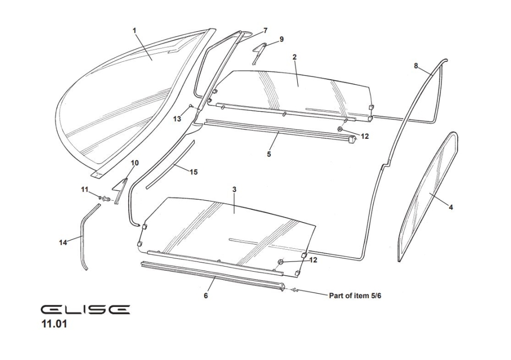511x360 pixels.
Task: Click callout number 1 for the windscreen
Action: (134, 31)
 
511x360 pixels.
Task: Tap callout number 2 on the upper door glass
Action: (295, 57)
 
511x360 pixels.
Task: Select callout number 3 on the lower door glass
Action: (234, 189)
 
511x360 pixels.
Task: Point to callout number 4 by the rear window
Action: (450, 207)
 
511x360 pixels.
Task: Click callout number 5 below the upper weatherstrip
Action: (269, 154)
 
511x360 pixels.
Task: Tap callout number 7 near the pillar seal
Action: (265, 31)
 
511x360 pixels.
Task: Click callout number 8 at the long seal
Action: (416, 65)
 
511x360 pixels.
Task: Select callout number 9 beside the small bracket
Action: (281, 39)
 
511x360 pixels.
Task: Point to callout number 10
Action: (135, 163)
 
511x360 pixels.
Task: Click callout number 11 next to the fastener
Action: (85, 189)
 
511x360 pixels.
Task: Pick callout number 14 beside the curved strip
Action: (63, 243)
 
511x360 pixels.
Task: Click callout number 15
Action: (194, 172)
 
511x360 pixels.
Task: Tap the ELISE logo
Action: (85, 309)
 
